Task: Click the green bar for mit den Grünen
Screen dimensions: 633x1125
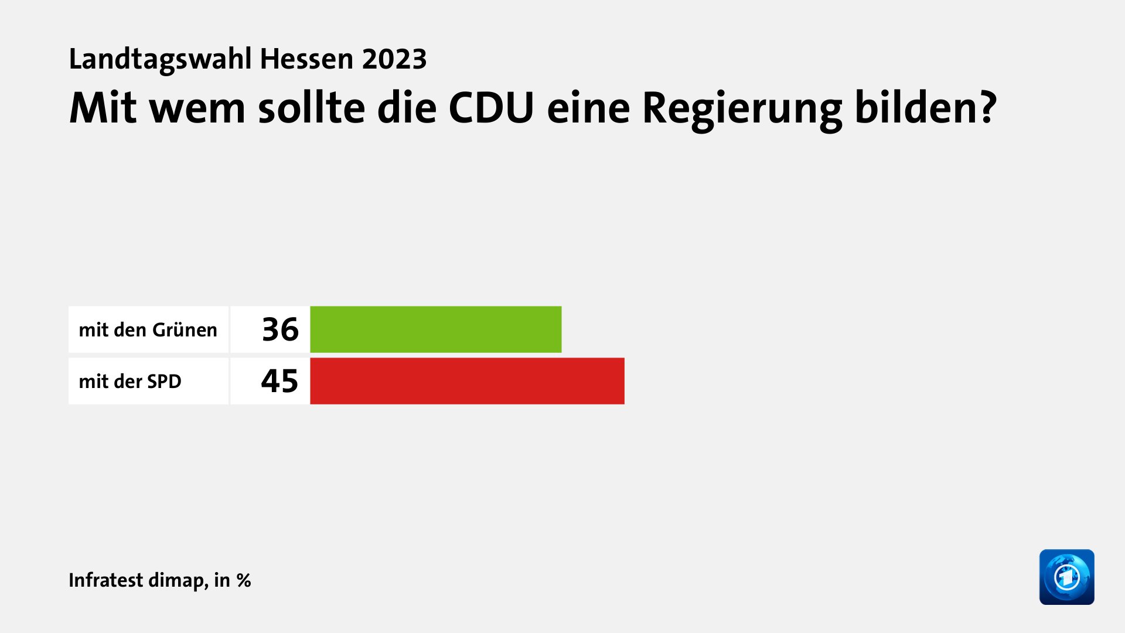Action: [435, 329]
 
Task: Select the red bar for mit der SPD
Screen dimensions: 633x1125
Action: [467, 381]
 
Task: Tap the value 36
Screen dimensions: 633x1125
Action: [280, 329]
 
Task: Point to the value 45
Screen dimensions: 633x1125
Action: [279, 381]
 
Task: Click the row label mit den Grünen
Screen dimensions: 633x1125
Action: [148, 330]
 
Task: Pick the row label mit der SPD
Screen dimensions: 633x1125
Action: [130, 382]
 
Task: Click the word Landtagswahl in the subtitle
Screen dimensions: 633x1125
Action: [160, 59]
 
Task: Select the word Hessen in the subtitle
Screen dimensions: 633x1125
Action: [306, 59]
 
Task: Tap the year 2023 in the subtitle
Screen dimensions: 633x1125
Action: [394, 59]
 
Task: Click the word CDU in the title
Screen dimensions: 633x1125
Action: [491, 108]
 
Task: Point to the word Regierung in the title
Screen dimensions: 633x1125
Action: [742, 109]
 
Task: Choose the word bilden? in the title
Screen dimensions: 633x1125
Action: [925, 108]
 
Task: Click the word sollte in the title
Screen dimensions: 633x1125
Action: [311, 108]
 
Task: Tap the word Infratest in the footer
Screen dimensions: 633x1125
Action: [105, 580]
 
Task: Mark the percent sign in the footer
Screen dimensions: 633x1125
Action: [244, 580]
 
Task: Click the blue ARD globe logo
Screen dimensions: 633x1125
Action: [1066, 577]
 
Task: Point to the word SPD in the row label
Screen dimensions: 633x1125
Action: [164, 382]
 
